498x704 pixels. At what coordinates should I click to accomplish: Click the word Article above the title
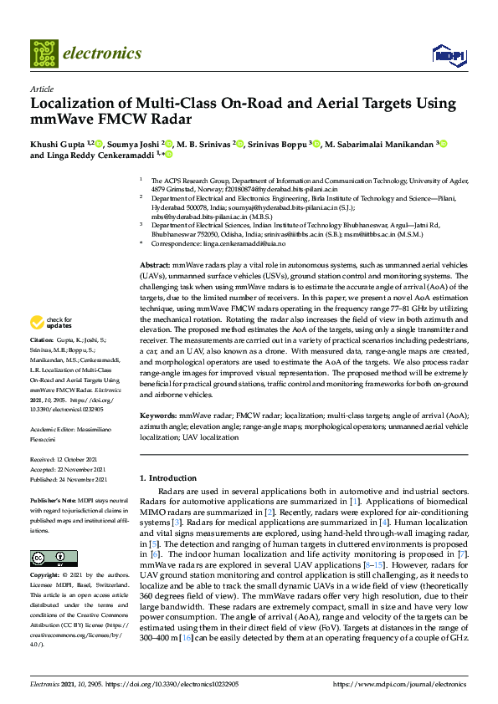click(41, 89)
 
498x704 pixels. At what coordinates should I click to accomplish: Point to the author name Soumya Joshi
click(131, 144)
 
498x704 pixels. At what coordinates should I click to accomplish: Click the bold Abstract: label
click(155, 264)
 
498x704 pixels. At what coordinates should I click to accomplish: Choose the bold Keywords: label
click(158, 415)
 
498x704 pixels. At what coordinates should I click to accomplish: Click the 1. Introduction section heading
click(167, 477)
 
